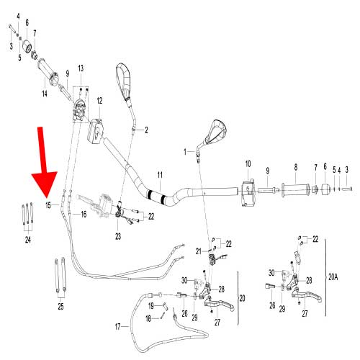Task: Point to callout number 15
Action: coord(48,205)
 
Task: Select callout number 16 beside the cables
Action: coord(84,214)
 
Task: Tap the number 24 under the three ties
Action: coord(28,239)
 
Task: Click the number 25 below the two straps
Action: coord(60,306)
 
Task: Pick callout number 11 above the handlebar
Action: coord(160,175)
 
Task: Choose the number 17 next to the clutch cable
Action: coord(117,327)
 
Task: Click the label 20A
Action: coord(333,277)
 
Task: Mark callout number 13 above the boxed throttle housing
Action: coord(81,68)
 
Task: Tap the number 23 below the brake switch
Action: coord(118,236)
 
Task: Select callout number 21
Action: coord(198,251)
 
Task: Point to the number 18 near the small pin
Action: coord(148,318)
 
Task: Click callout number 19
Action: coord(151,306)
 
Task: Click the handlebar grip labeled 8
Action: coord(295,190)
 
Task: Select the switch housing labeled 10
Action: coord(248,194)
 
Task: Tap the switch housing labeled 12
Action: coord(95,132)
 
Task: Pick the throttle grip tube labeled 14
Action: coord(48,71)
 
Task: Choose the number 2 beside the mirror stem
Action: coord(146,130)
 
